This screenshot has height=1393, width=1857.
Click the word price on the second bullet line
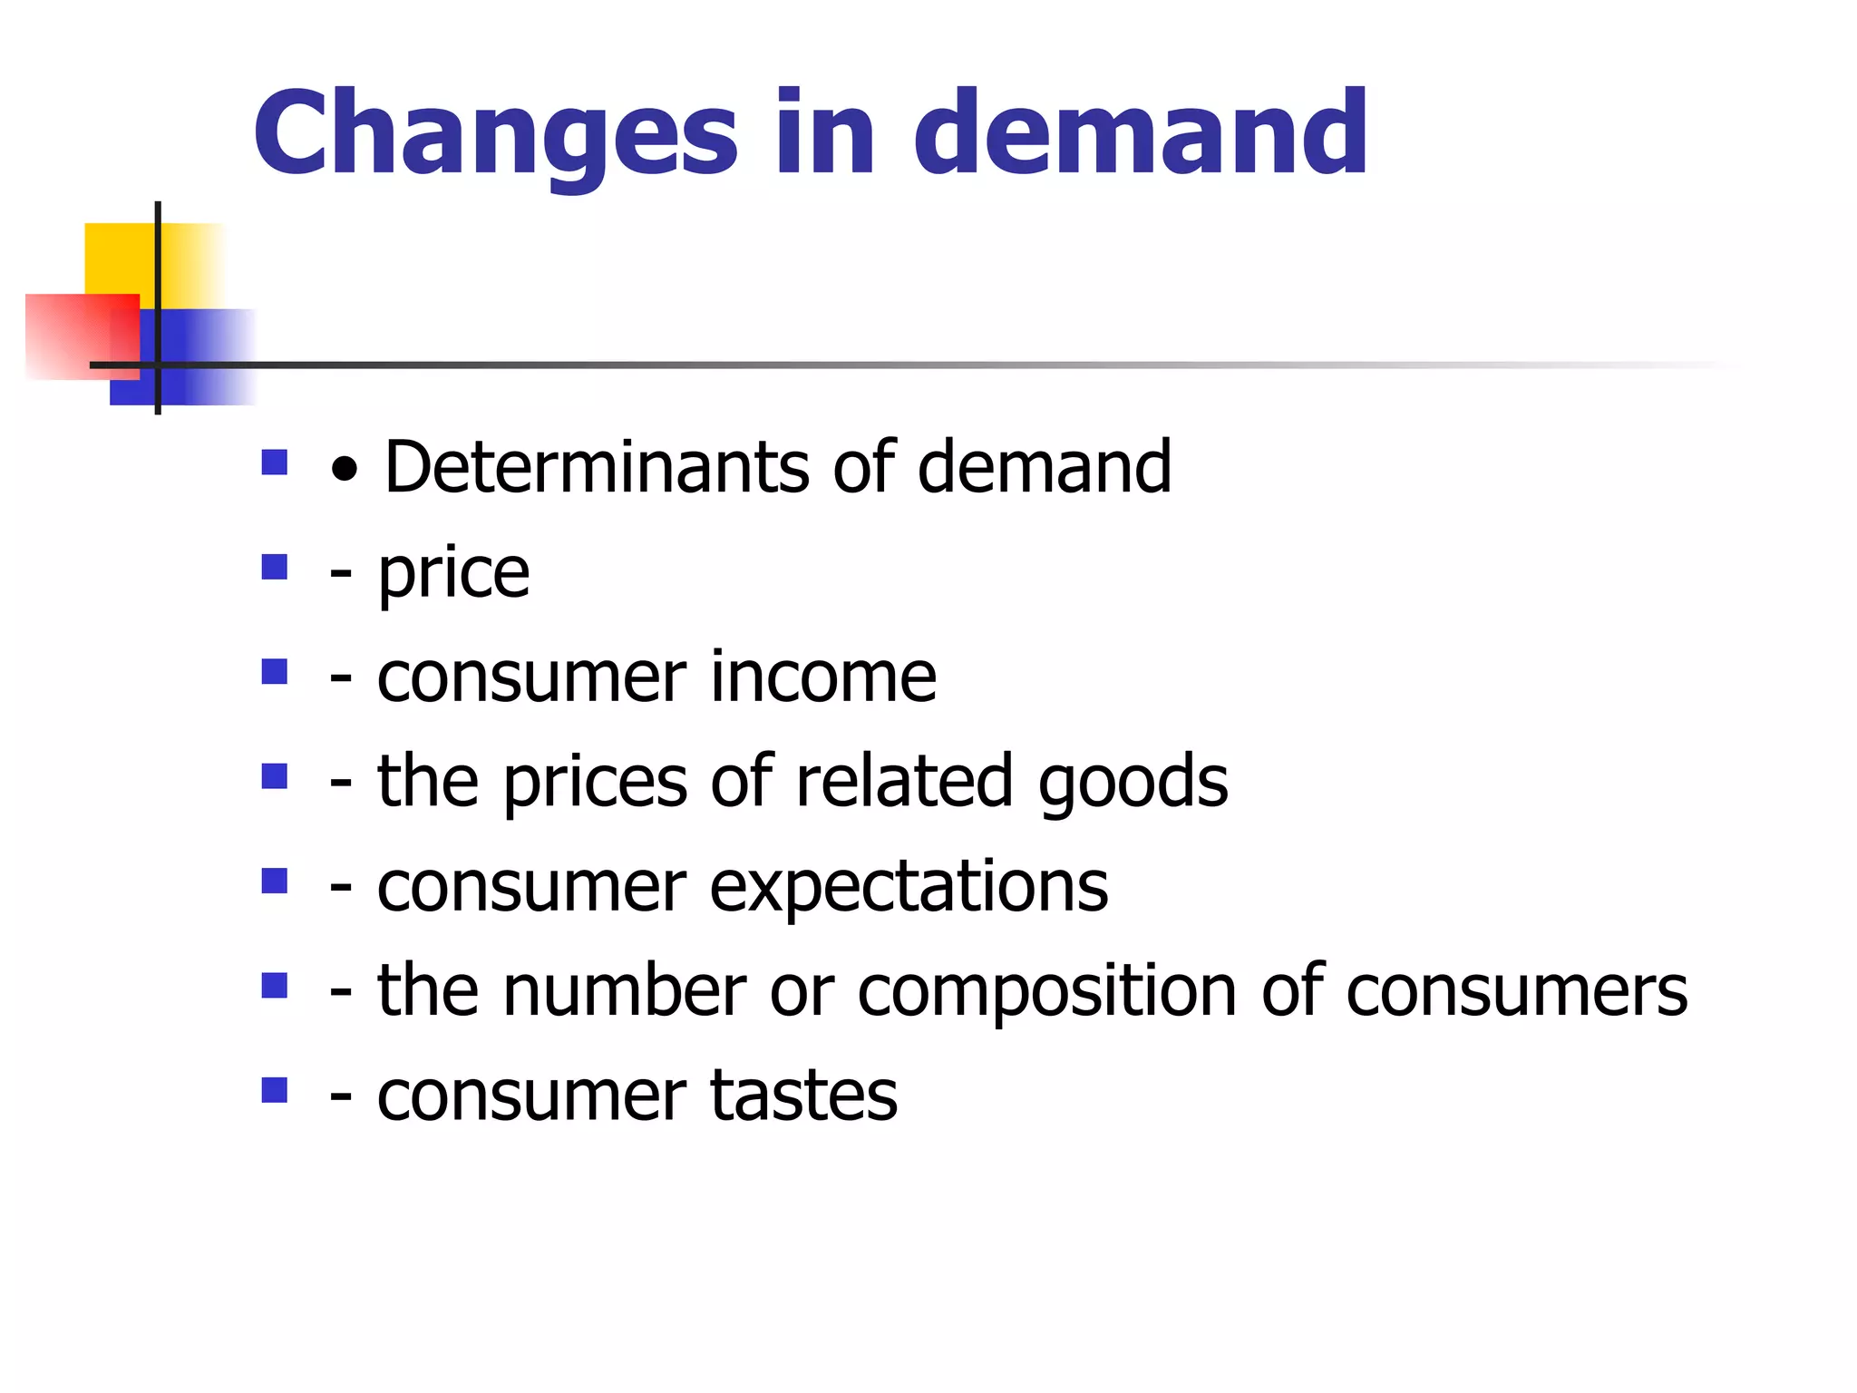[453, 575]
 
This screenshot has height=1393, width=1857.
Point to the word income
[823, 677]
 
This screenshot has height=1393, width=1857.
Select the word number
[625, 990]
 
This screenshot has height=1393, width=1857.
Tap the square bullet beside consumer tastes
[274, 1089]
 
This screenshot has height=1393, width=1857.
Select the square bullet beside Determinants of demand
[274, 463]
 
